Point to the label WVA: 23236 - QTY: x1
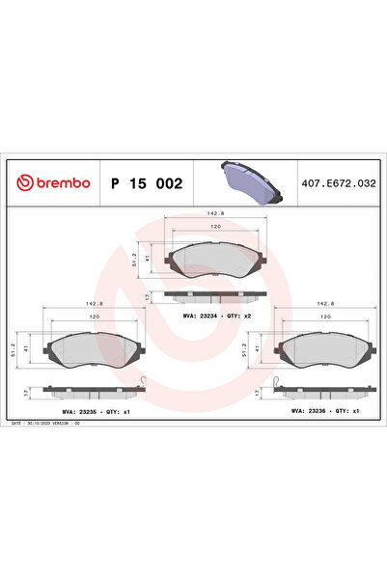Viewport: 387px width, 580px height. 323,410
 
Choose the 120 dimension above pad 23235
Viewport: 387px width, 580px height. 95,317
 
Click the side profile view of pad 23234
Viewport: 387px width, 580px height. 215,295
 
